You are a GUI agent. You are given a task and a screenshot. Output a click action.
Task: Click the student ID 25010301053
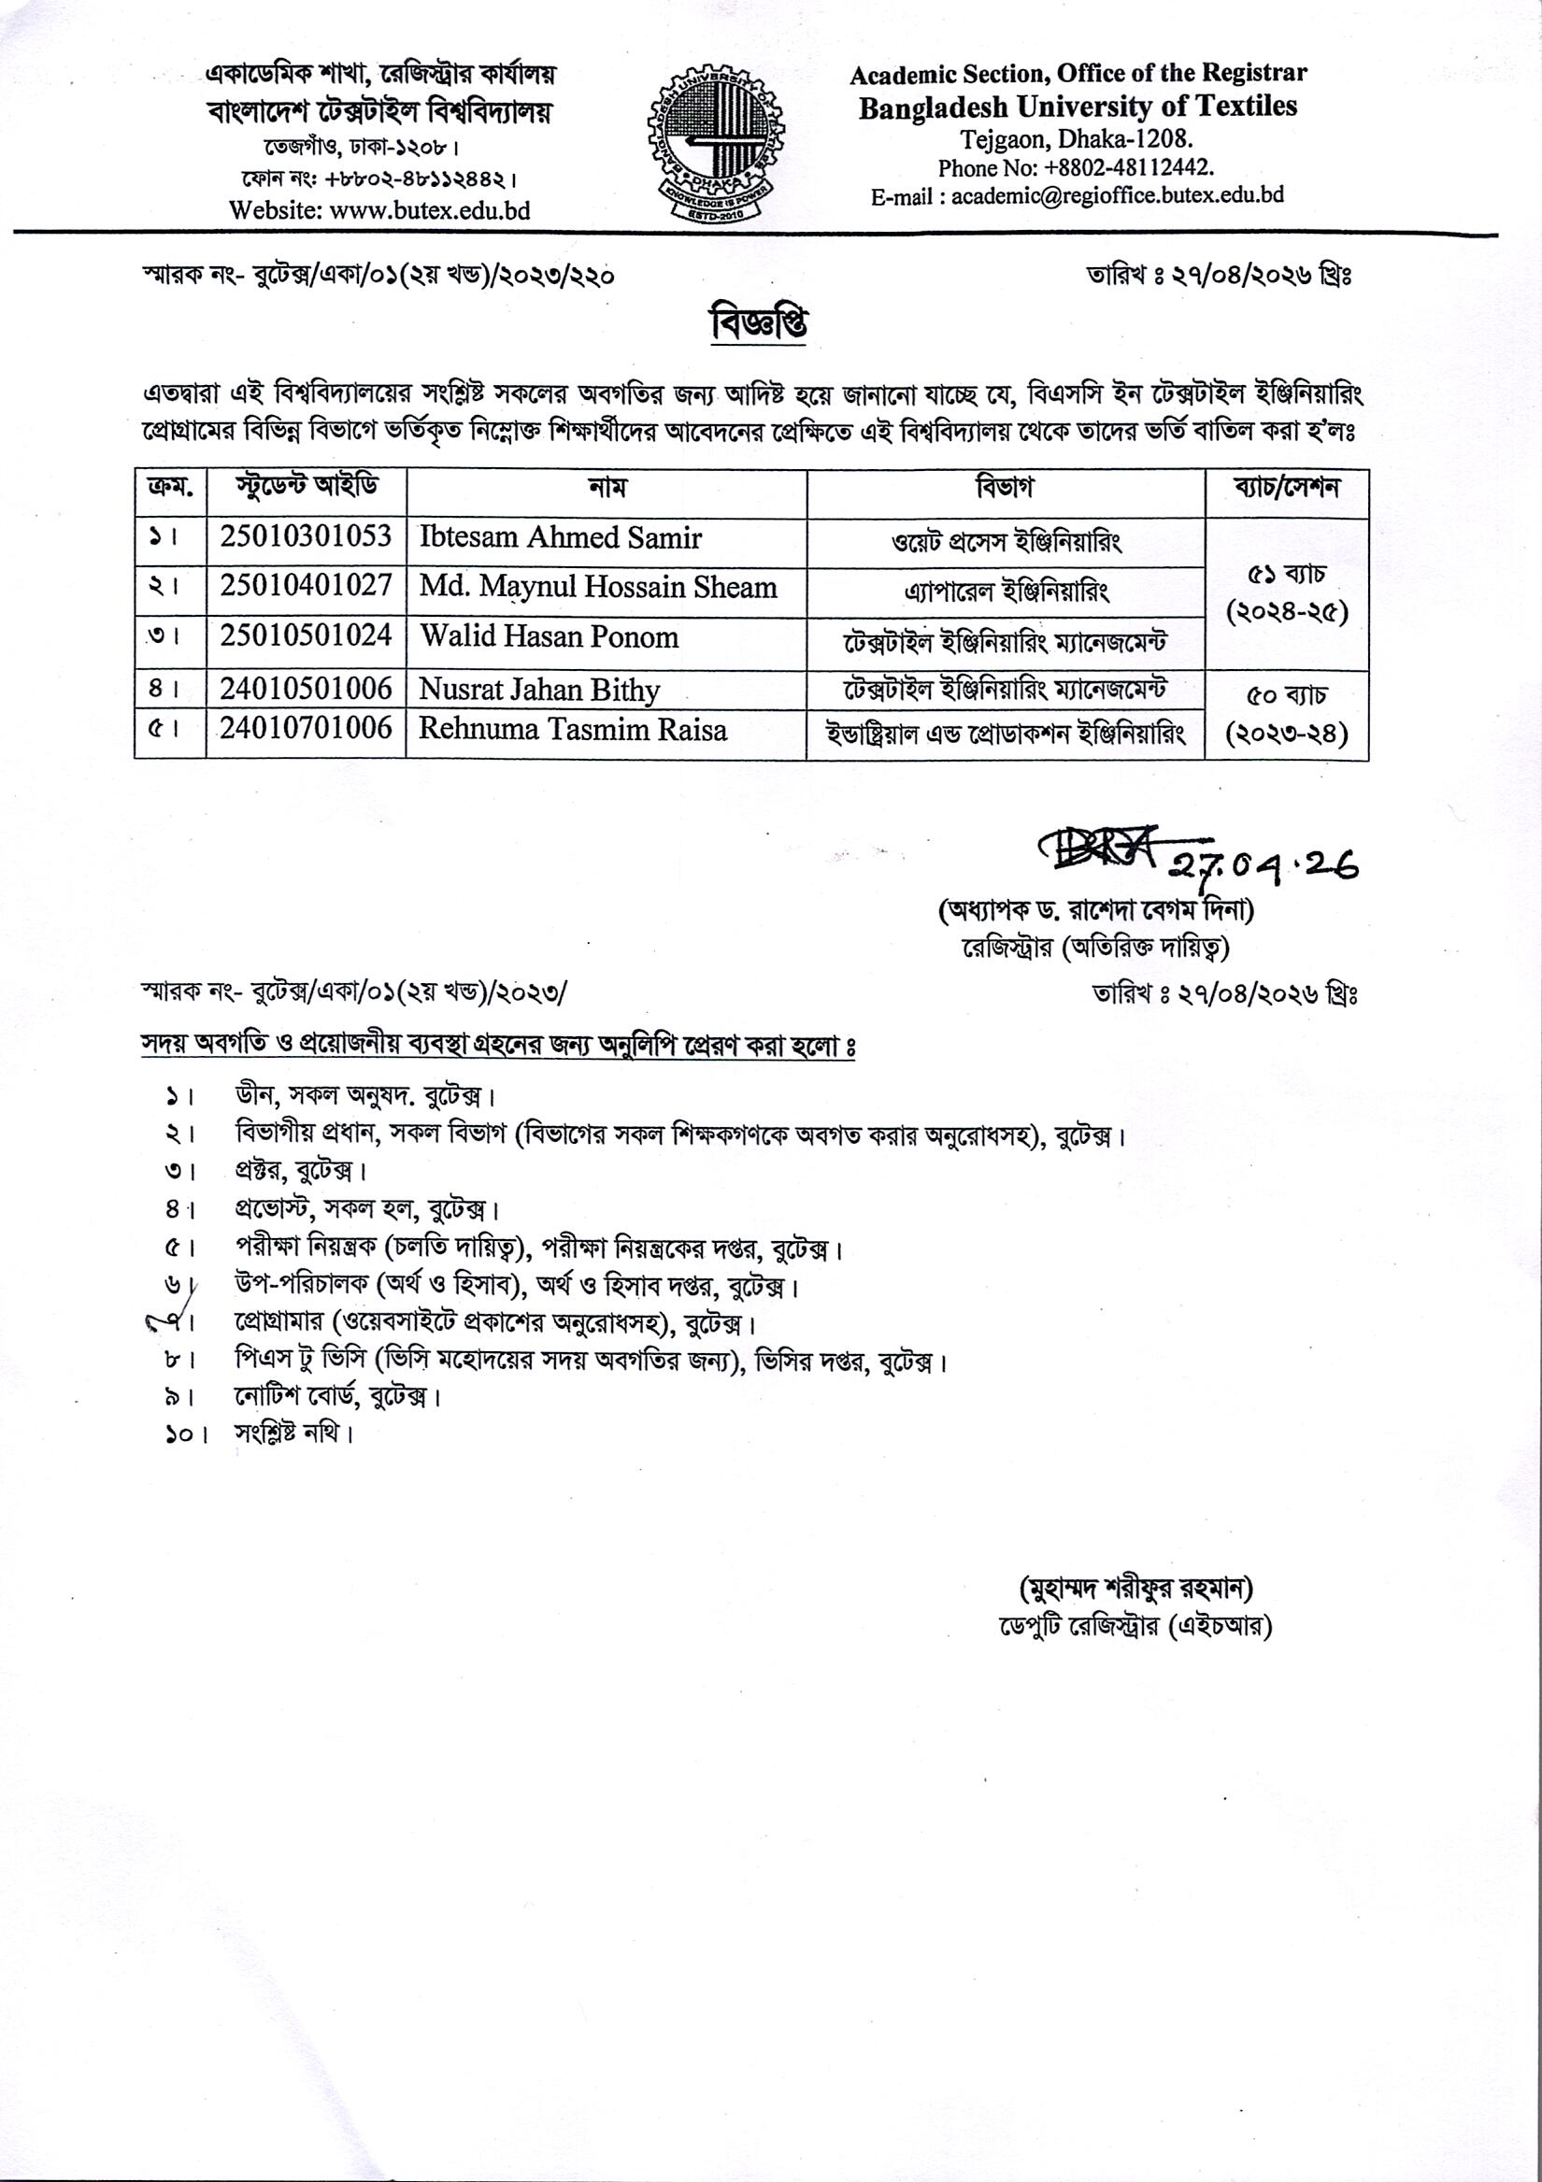[307, 537]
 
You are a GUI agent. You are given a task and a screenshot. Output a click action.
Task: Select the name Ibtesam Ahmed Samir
[560, 538]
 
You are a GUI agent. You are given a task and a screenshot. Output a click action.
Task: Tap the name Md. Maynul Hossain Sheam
[598, 586]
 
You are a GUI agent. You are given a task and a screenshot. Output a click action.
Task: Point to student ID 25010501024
[307, 635]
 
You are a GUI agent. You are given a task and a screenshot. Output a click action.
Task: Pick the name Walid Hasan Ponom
[550, 636]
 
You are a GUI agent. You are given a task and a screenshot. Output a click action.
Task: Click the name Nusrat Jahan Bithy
[539, 689]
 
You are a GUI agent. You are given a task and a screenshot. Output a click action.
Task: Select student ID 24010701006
[307, 729]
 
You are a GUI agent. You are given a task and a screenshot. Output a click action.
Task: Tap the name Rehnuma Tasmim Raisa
[572, 730]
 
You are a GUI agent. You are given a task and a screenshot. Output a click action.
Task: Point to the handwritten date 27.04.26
[1263, 863]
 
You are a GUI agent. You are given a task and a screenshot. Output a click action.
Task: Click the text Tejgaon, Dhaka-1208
[1077, 138]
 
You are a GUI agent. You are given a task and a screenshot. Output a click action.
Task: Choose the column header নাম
[607, 489]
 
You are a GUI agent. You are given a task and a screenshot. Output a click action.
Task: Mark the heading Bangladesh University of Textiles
[1078, 107]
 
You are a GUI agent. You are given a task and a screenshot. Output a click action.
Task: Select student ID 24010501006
[307, 688]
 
